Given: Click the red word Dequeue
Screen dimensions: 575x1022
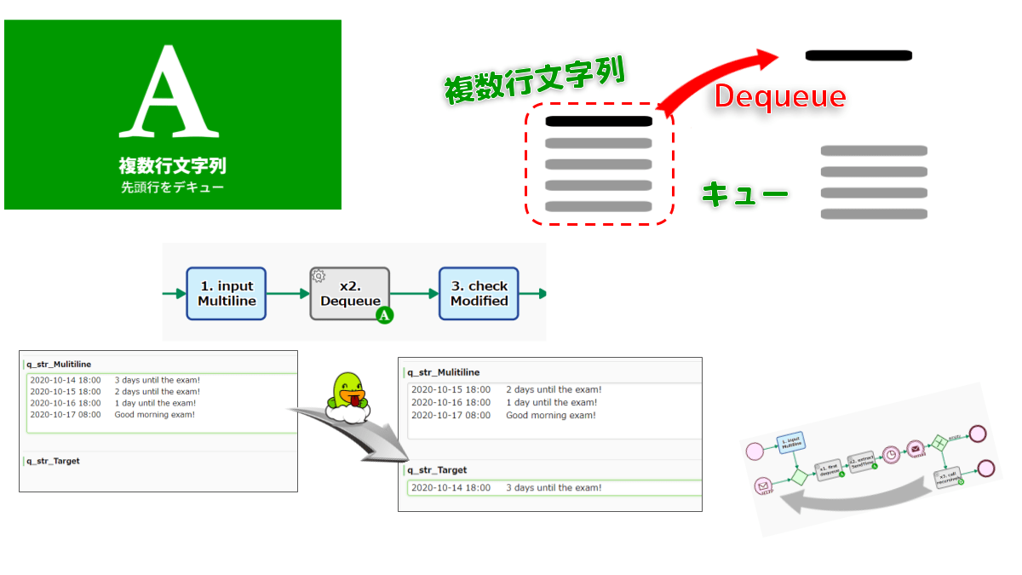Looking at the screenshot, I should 779,96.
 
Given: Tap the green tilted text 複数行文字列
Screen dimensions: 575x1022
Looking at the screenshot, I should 534,81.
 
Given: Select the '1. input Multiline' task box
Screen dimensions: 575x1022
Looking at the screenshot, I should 226,294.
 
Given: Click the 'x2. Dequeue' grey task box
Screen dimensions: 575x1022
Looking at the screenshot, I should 349,294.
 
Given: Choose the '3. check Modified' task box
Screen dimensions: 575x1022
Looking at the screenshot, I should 479,294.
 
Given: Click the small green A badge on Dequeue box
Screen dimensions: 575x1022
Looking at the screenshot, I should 385,316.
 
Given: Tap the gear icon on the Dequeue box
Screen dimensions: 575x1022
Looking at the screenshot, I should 319,275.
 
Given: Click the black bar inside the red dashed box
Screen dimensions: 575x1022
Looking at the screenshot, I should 599,122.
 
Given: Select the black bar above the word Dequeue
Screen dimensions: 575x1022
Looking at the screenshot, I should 858,55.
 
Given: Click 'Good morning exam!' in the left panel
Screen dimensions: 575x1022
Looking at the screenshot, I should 155,415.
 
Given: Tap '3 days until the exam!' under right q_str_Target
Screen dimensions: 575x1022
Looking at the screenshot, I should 554,488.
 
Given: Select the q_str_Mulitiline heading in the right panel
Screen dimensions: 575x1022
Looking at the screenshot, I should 444,372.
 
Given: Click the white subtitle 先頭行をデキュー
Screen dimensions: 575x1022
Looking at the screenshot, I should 173,187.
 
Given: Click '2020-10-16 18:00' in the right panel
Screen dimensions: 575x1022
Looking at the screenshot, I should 451,402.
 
